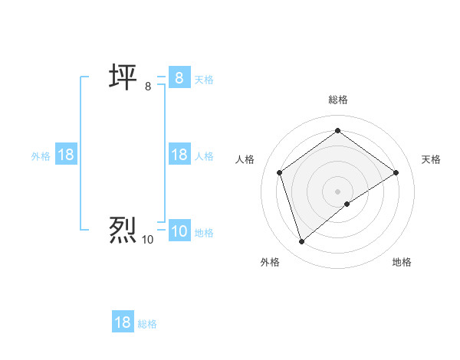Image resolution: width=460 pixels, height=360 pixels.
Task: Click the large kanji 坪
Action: click(122, 77)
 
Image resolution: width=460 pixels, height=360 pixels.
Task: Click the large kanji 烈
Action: click(122, 230)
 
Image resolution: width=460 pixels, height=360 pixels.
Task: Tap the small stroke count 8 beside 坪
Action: click(148, 87)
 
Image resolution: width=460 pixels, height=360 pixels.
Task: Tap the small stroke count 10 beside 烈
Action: click(147, 240)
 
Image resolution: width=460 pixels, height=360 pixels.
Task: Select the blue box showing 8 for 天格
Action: click(179, 77)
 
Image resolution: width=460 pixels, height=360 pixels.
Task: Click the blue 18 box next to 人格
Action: click(179, 155)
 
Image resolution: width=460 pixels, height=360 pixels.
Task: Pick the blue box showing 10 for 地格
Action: click(179, 231)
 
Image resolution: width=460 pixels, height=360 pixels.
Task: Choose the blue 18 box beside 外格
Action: click(66, 155)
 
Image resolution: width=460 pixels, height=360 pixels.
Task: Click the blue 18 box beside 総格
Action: click(123, 322)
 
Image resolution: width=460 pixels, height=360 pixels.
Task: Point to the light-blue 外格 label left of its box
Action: click(41, 155)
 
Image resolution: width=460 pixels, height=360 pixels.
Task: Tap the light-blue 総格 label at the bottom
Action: click(147, 324)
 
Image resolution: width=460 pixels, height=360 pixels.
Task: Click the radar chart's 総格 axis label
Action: click(337, 100)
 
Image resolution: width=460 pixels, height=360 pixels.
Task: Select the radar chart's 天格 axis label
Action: click(431, 159)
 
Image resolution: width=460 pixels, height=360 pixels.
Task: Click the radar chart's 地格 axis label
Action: click(402, 262)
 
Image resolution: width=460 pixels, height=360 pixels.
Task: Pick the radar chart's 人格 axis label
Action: click(245, 159)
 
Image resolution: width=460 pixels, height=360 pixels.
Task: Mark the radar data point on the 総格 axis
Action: click(337, 131)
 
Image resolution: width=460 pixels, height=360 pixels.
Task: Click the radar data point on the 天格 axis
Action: click(396, 172)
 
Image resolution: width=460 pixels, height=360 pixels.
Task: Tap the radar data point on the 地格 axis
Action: click(347, 204)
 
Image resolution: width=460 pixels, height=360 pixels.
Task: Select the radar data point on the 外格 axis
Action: click(301, 242)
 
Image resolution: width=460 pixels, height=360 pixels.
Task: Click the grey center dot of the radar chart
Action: click(337, 191)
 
